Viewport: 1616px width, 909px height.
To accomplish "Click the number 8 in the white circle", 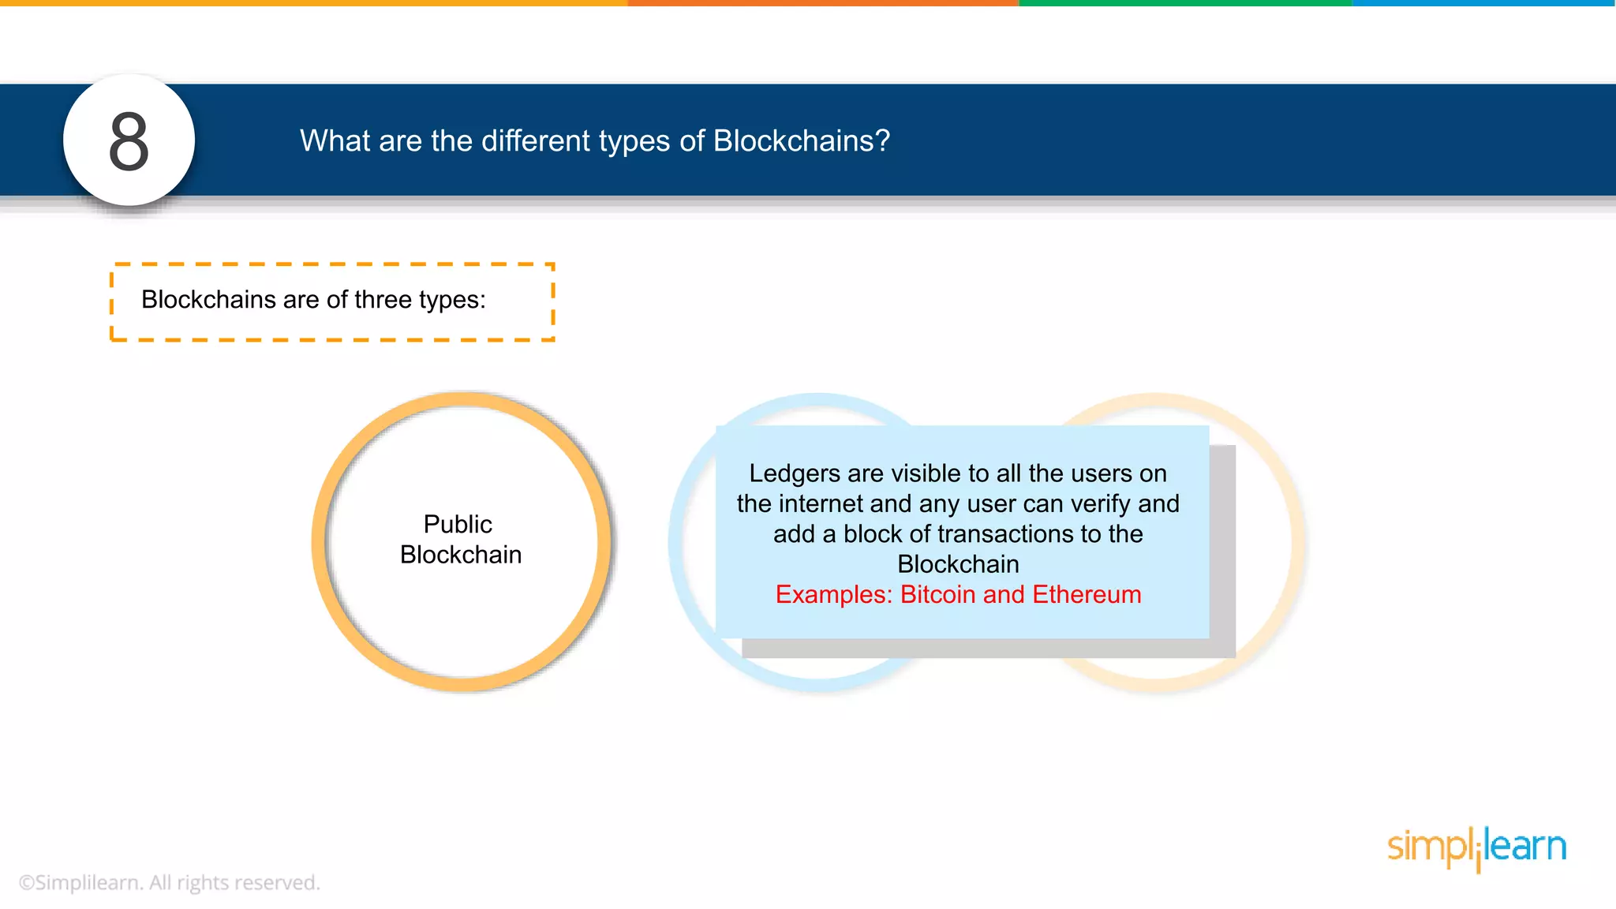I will coord(129,141).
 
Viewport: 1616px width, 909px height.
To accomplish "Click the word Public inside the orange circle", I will coord(458,524).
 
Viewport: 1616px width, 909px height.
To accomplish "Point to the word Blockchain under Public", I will coord(461,555).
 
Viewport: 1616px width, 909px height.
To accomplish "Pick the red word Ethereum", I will coord(1087,594).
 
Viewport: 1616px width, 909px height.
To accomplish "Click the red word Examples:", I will coord(833,594).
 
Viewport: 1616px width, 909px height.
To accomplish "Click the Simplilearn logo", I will coord(1476,848).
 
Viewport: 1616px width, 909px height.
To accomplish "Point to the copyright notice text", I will coord(170,882).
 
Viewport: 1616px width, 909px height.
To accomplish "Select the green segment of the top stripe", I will coord(1185,3).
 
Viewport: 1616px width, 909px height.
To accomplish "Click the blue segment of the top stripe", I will coord(1483,3).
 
